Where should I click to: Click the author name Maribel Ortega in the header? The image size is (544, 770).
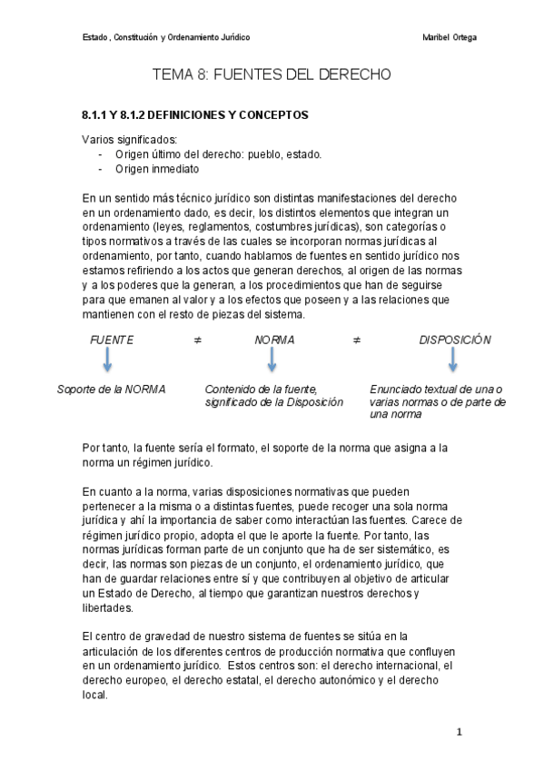(450, 37)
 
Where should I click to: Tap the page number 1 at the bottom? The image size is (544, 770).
(460, 731)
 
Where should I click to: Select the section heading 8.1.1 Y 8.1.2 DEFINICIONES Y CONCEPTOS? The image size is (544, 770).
(195, 115)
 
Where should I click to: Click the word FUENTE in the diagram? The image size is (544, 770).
(111, 340)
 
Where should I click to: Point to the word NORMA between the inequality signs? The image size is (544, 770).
(274, 340)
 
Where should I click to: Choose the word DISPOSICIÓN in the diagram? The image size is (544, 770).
(455, 340)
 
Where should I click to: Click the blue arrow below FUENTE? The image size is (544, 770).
(107, 361)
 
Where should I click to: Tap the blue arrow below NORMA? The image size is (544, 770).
(272, 361)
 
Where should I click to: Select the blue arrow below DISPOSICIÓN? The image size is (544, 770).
(452, 361)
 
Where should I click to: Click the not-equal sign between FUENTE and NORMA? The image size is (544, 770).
(196, 340)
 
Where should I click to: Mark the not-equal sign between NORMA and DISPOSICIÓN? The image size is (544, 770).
(357, 340)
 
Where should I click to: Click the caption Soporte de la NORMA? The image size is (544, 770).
(111, 389)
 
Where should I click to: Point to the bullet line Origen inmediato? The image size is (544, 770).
(157, 168)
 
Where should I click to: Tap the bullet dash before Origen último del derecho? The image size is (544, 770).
(100, 153)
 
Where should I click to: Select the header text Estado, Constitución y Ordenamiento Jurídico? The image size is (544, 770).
(166, 37)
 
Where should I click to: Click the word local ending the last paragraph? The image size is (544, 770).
(94, 695)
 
